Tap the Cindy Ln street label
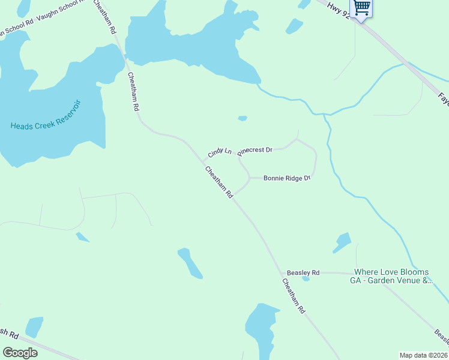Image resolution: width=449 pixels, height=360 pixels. (220, 152)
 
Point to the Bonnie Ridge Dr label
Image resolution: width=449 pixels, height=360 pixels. (286, 178)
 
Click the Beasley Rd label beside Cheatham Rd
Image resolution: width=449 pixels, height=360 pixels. (303, 272)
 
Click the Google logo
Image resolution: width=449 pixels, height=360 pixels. (20, 352)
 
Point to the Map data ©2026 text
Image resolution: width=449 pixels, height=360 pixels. (423, 355)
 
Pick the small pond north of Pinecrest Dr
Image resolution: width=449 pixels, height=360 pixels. (243, 118)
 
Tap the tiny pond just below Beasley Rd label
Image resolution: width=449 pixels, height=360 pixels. (306, 278)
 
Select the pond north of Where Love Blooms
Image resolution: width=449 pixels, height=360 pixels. (342, 242)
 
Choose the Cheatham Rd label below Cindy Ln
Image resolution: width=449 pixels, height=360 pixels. (219, 182)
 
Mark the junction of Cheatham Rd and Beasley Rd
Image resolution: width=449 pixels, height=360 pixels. (282, 273)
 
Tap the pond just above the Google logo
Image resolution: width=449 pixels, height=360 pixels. (34, 327)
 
